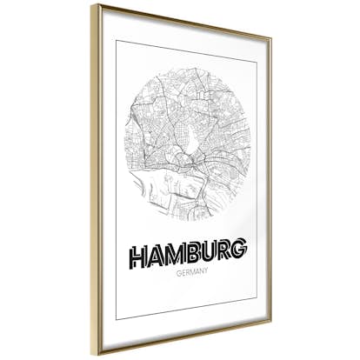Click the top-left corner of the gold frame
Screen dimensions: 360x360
coord(92,6)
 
